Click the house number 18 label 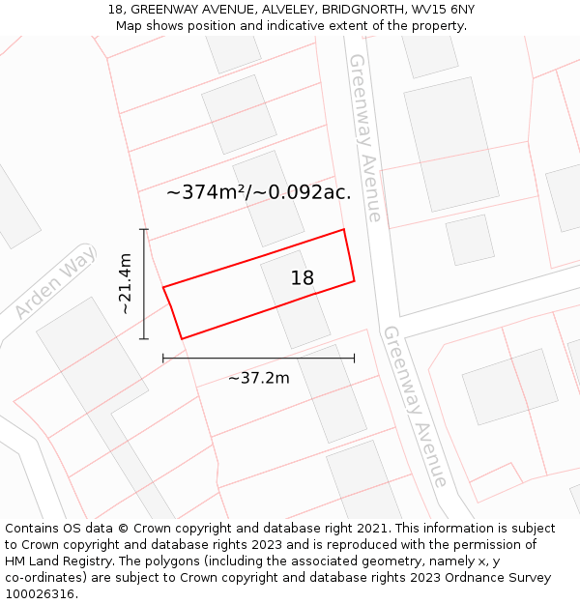pyautogui.click(x=303, y=278)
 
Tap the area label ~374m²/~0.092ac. pyautogui.click(x=258, y=192)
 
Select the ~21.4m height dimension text pyautogui.click(x=125, y=283)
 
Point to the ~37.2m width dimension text pyautogui.click(x=258, y=378)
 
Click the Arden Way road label pyautogui.click(x=56, y=282)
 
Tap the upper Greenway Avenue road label pyautogui.click(x=364, y=137)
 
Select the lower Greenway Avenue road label pyautogui.click(x=416, y=406)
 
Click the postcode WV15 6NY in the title pyautogui.click(x=441, y=10)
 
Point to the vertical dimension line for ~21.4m pyautogui.click(x=144, y=284)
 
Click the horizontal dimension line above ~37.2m pyautogui.click(x=258, y=358)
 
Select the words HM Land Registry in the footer pyautogui.click(x=52, y=561)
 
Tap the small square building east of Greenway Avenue pyautogui.click(x=470, y=240)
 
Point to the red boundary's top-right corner pyautogui.click(x=344, y=230)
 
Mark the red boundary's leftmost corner pyautogui.click(x=163, y=287)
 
